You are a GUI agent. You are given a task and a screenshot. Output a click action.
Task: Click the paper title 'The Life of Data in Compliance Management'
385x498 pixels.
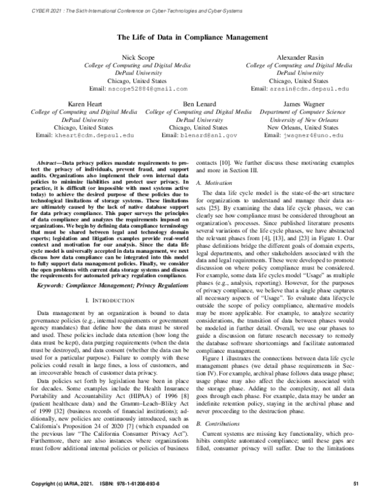192,38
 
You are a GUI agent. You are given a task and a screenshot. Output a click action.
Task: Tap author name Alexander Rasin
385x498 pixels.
299,58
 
